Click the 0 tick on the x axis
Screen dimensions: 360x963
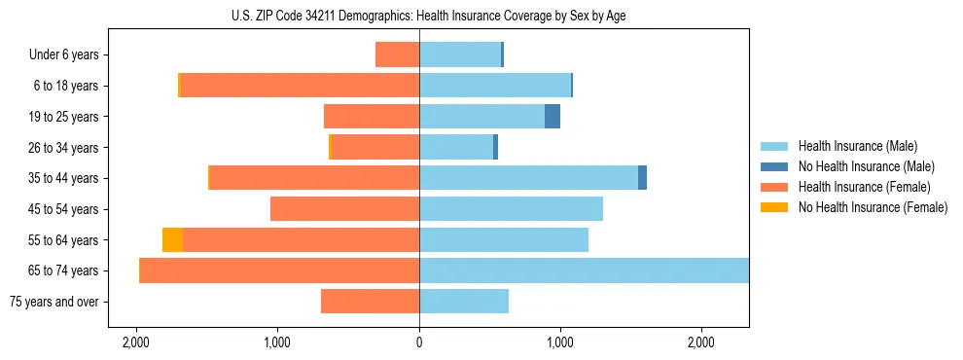(419, 343)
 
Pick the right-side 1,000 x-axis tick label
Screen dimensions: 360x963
(560, 343)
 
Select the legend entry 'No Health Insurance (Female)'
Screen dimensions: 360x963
(873, 207)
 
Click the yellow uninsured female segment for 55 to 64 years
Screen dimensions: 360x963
(172, 239)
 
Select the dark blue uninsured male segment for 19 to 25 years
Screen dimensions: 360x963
(553, 117)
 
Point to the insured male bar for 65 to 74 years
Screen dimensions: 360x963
(584, 270)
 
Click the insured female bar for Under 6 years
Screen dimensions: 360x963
(397, 54)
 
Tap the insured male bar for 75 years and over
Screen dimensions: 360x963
(464, 302)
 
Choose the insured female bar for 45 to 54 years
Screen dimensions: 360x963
(344, 209)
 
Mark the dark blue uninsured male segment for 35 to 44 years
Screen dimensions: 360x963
(642, 178)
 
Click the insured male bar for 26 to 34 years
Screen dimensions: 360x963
(456, 147)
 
